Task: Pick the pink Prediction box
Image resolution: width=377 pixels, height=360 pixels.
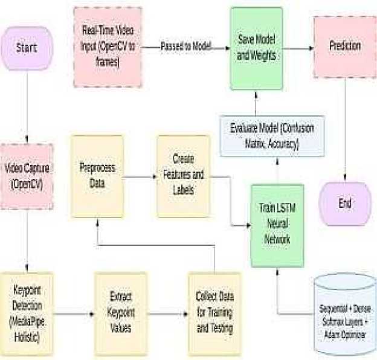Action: [345, 46]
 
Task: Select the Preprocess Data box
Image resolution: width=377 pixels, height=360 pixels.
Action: [97, 176]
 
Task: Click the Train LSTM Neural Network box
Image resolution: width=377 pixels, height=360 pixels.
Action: [277, 224]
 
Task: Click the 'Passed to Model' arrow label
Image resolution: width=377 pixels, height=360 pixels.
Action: [186, 46]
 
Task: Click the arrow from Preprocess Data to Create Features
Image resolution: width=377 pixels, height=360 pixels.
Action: [140, 176]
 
